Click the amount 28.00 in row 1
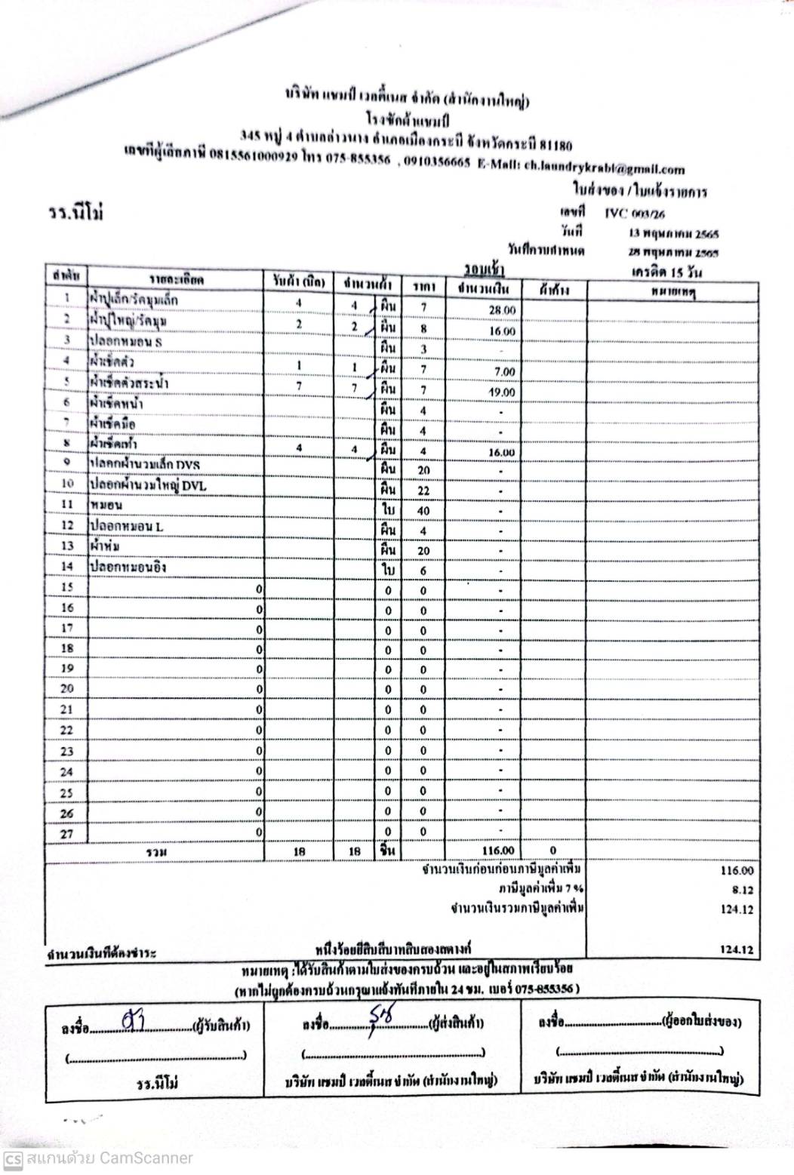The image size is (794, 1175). point(502,310)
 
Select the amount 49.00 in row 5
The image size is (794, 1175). point(502,392)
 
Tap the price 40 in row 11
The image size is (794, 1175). point(423,511)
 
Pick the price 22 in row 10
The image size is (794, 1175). point(423,491)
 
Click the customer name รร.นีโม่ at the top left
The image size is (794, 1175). point(74,214)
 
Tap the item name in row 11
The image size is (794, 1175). point(106,504)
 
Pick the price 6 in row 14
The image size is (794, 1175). point(423,571)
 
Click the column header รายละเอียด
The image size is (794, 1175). point(175,281)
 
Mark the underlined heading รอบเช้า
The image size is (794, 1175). point(485,269)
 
